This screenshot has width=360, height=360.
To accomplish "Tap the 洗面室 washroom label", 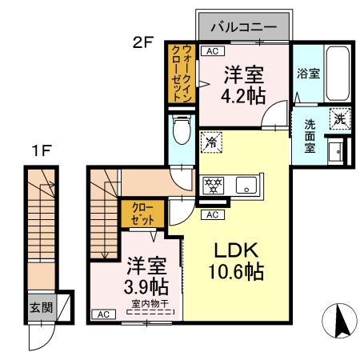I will tap(309, 137).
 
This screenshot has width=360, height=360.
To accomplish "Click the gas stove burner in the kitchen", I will tap(214, 185).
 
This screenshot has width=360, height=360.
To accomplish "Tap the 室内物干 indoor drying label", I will tap(150, 304).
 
